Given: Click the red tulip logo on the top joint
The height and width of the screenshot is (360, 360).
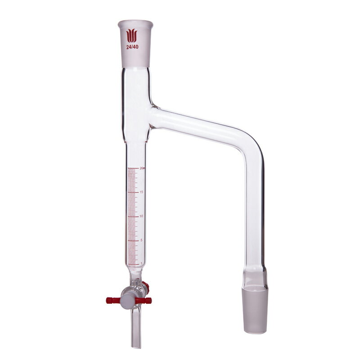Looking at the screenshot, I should tap(131, 36).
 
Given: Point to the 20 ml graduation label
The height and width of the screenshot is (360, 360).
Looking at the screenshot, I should tap(142, 168).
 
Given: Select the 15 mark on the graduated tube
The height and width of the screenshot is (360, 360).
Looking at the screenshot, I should tap(142, 192).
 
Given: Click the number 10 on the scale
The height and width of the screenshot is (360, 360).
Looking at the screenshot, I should tap(142, 216).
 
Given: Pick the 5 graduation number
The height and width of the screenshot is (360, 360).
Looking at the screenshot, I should tap(142, 240).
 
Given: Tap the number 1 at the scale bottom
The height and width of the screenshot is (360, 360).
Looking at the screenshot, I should tap(142, 264).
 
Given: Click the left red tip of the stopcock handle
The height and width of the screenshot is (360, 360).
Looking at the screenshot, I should tap(111, 300).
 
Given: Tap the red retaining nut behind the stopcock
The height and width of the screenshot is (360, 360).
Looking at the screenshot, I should tap(144, 285).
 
